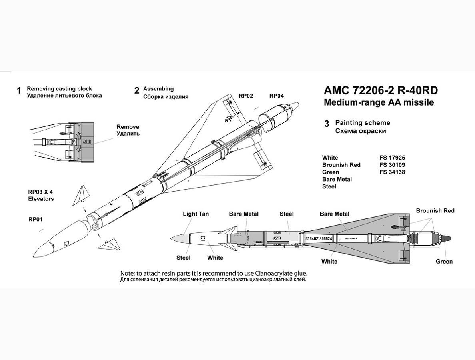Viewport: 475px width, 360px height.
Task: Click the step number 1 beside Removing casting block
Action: pyautogui.click(x=18, y=91)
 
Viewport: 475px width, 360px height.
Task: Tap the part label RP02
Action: pyautogui.click(x=246, y=96)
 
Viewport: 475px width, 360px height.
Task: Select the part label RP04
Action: pyautogui.click(x=277, y=96)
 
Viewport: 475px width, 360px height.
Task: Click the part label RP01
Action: pyautogui.click(x=36, y=219)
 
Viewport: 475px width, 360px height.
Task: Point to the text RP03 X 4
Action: pyautogui.click(x=41, y=192)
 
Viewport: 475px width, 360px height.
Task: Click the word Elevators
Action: pyautogui.click(x=41, y=199)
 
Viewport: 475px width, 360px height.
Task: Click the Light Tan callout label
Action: pyautogui.click(x=196, y=214)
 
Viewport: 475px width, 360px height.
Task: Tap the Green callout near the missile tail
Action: pyautogui.click(x=444, y=261)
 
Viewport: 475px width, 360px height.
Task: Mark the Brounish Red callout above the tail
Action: pyautogui.click(x=435, y=211)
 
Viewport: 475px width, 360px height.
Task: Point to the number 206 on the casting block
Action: pyautogui.click(x=87, y=142)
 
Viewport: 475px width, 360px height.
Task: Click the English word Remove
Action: pyautogui.click(x=128, y=126)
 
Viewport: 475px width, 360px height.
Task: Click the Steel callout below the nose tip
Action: pyautogui.click(x=184, y=258)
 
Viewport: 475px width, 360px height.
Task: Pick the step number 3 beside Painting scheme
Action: pyautogui.click(x=327, y=124)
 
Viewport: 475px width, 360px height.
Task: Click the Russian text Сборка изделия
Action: pyautogui.click(x=166, y=96)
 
